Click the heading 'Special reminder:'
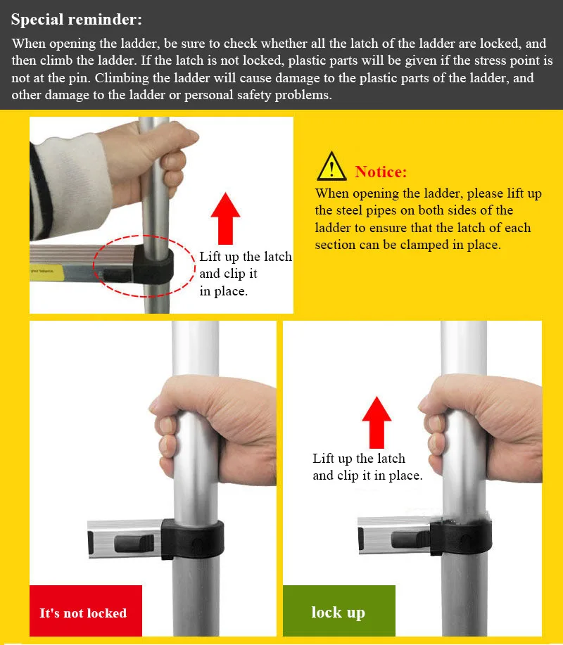[77, 20]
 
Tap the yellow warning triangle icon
[331, 167]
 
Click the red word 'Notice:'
[381, 172]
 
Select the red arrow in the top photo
[225, 219]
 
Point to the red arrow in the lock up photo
[377, 423]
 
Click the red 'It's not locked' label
[86, 611]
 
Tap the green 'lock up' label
[339, 611]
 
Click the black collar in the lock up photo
[461, 537]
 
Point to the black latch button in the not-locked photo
[134, 544]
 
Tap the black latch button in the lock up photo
[410, 539]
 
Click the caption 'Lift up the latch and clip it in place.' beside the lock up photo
[367, 467]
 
